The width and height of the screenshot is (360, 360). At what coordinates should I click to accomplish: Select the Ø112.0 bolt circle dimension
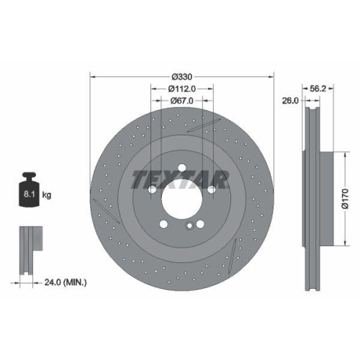click(x=181, y=89)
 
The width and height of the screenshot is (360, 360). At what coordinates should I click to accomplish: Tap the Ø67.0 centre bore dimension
click(x=181, y=100)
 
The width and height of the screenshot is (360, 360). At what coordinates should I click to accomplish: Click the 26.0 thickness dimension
click(x=290, y=102)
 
